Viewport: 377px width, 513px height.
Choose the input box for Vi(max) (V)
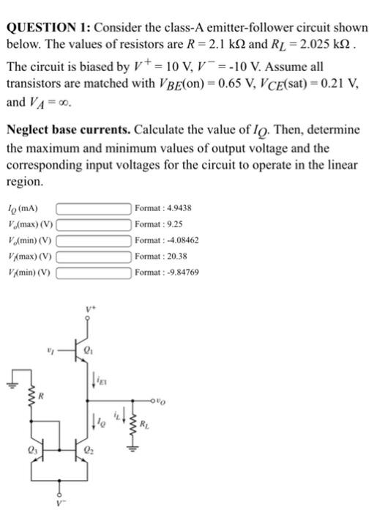(x=92, y=253)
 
